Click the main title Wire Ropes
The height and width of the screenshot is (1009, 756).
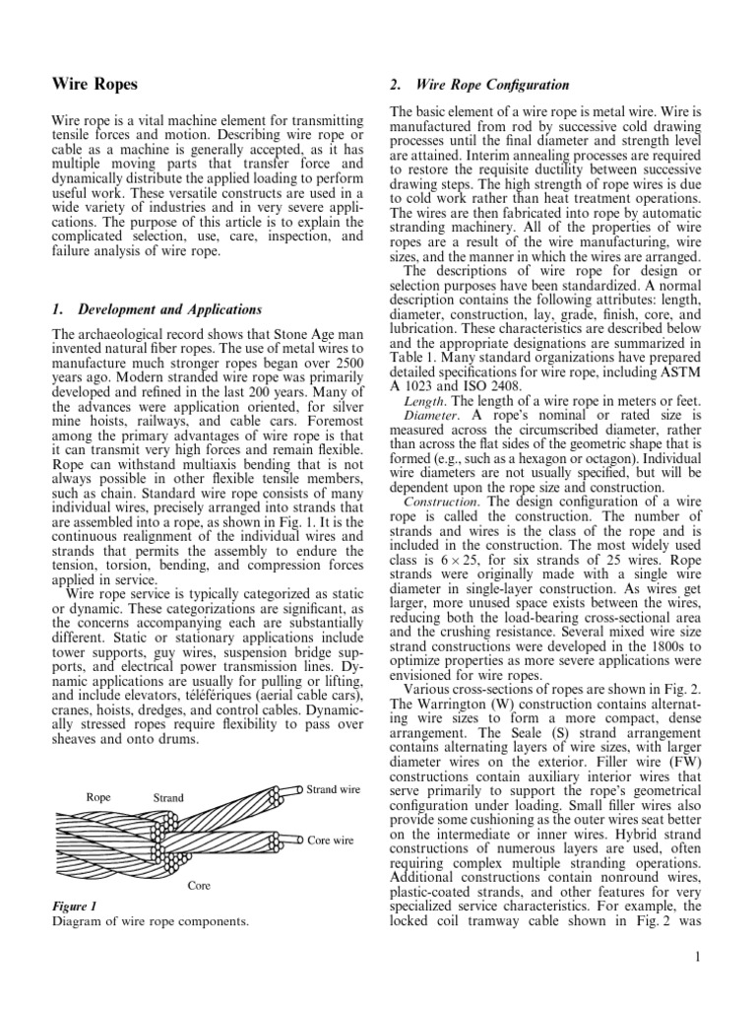tap(94, 85)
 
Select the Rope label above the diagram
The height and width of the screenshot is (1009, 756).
tap(98, 796)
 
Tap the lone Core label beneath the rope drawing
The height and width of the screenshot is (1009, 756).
tap(201, 885)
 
